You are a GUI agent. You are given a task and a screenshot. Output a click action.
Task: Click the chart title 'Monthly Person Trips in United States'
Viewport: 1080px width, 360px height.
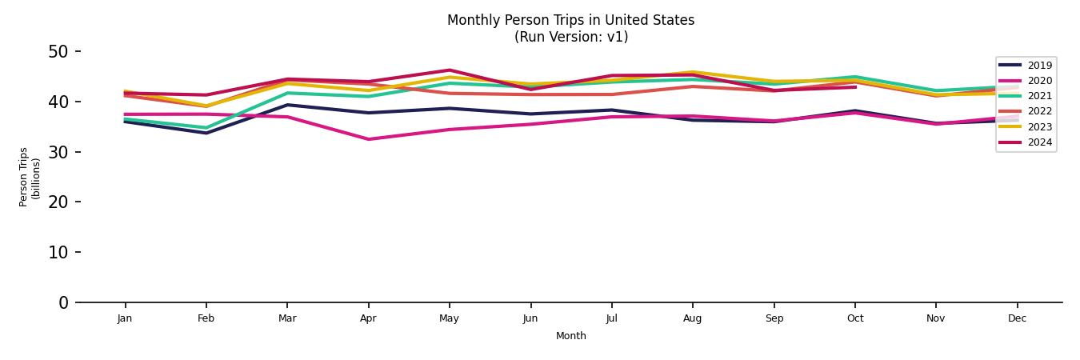(x=570, y=20)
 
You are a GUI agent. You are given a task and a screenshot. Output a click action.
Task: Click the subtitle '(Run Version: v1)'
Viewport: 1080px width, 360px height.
(x=570, y=37)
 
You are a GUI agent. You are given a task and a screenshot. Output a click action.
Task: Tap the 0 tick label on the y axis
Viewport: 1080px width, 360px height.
(x=64, y=302)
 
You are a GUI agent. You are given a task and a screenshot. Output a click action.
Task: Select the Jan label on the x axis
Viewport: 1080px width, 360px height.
(x=125, y=318)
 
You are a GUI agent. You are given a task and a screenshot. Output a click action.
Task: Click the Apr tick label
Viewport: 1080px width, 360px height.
(x=368, y=318)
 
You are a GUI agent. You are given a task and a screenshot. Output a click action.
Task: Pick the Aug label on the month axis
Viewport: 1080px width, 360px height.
(x=693, y=318)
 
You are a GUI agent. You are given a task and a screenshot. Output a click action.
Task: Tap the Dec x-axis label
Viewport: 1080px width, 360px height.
(x=1017, y=318)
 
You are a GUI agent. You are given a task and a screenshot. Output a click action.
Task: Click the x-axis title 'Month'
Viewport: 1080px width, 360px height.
(x=570, y=336)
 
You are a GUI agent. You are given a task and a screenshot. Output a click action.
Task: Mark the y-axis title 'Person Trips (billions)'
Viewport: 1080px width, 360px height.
(x=30, y=177)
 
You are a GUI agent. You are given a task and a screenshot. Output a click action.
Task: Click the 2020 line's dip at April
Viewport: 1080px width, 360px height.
(x=368, y=139)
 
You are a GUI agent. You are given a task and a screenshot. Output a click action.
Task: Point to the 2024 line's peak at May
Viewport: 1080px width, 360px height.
(x=450, y=70)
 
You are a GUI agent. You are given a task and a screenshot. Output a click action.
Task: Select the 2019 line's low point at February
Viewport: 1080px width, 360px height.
(x=206, y=133)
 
